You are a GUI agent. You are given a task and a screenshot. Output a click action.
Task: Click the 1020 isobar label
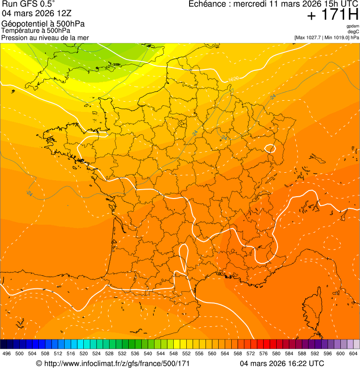tap(234, 79)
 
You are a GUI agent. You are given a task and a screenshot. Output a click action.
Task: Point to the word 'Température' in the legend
tap(19, 31)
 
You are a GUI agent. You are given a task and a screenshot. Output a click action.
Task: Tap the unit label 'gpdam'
tap(353, 26)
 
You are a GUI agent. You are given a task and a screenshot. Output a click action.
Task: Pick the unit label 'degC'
tap(354, 32)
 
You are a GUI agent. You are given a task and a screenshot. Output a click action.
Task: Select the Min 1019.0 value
tap(335, 37)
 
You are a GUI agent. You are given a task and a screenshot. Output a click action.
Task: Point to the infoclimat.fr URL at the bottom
tap(117, 363)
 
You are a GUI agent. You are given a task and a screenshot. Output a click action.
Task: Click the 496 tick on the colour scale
tap(7, 354)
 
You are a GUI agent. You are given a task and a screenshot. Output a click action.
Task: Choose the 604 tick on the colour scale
tap(353, 354)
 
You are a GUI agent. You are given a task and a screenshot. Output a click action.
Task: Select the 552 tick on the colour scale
tap(186, 354)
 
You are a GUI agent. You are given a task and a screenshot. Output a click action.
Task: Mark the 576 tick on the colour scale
tap(264, 354)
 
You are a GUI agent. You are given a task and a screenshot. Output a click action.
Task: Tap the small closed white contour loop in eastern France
tap(270, 149)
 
